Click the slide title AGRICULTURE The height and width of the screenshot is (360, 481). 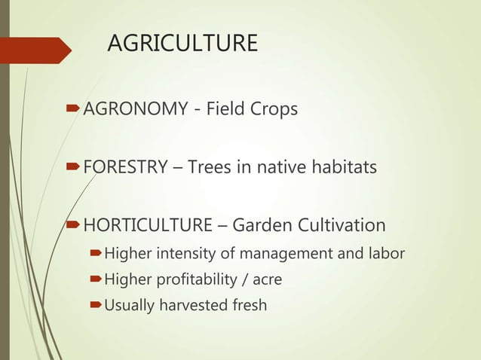tap(182, 44)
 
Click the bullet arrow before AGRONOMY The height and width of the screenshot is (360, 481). tap(73, 111)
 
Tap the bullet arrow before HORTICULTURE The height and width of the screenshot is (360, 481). tap(73, 225)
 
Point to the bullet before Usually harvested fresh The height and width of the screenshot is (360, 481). tap(96, 306)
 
